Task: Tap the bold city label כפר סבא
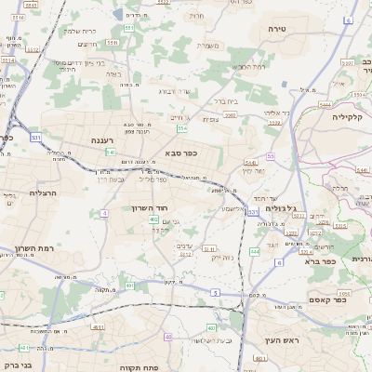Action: pos(178,152)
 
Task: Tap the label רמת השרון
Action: pos(36,248)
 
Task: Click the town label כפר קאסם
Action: pos(326,299)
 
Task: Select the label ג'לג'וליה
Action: pos(280,209)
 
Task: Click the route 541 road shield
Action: pos(111,152)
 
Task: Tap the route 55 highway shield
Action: pos(271,156)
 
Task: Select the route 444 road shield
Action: pos(255,251)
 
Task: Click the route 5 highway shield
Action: pos(216,293)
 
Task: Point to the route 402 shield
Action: pos(210,327)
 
